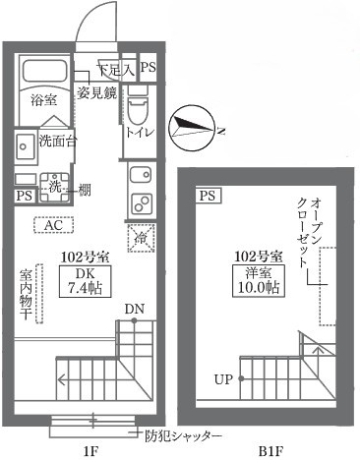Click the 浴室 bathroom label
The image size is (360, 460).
pyautogui.click(x=41, y=100)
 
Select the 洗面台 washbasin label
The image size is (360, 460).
pyautogui.click(x=58, y=141)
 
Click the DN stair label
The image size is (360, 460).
pyautogui.click(x=133, y=312)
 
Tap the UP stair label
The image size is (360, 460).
pyautogui.click(x=223, y=377)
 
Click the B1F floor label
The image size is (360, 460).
pyautogui.click(x=271, y=451)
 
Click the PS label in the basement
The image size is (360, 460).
pyautogui.click(x=208, y=196)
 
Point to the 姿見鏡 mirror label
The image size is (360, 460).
pyautogui.click(x=97, y=93)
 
